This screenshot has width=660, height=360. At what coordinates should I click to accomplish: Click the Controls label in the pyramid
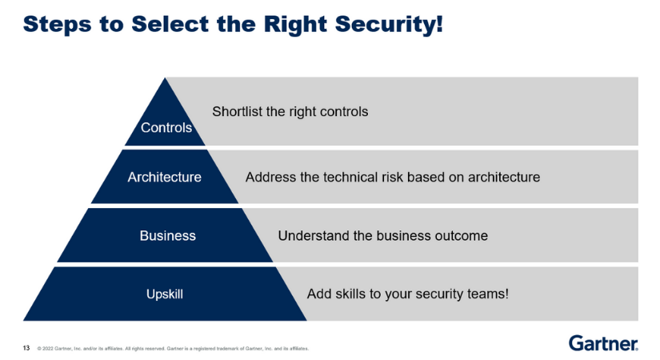point(166,127)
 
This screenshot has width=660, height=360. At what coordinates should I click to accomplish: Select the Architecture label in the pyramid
point(164,177)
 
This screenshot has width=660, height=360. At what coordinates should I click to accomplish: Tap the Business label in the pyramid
point(167,236)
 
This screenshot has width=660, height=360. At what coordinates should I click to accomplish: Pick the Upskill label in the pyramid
point(164,294)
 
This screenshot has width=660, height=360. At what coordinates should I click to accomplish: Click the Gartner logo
point(603,343)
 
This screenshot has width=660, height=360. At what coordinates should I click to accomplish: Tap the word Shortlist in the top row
point(237,111)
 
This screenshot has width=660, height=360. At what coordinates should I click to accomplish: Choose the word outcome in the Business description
point(462,236)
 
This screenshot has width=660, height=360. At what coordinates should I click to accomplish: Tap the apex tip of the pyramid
point(165,79)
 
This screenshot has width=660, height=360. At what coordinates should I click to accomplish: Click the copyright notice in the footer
point(172,349)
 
